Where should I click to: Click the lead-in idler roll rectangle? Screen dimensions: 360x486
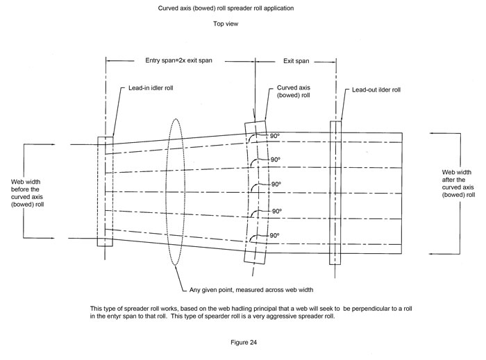coord(106,191)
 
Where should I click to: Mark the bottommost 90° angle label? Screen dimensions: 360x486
coord(276,236)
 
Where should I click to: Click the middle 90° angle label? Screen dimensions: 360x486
coord(276,185)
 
